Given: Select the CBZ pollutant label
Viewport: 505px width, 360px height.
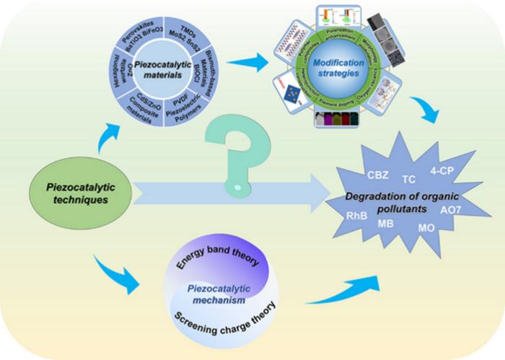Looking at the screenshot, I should [x=379, y=174].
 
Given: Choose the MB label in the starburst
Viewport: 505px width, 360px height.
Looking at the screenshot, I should [x=386, y=224].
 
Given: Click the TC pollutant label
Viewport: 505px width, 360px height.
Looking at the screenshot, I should [x=408, y=179].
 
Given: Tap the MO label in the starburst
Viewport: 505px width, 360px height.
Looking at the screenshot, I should [x=426, y=229].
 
